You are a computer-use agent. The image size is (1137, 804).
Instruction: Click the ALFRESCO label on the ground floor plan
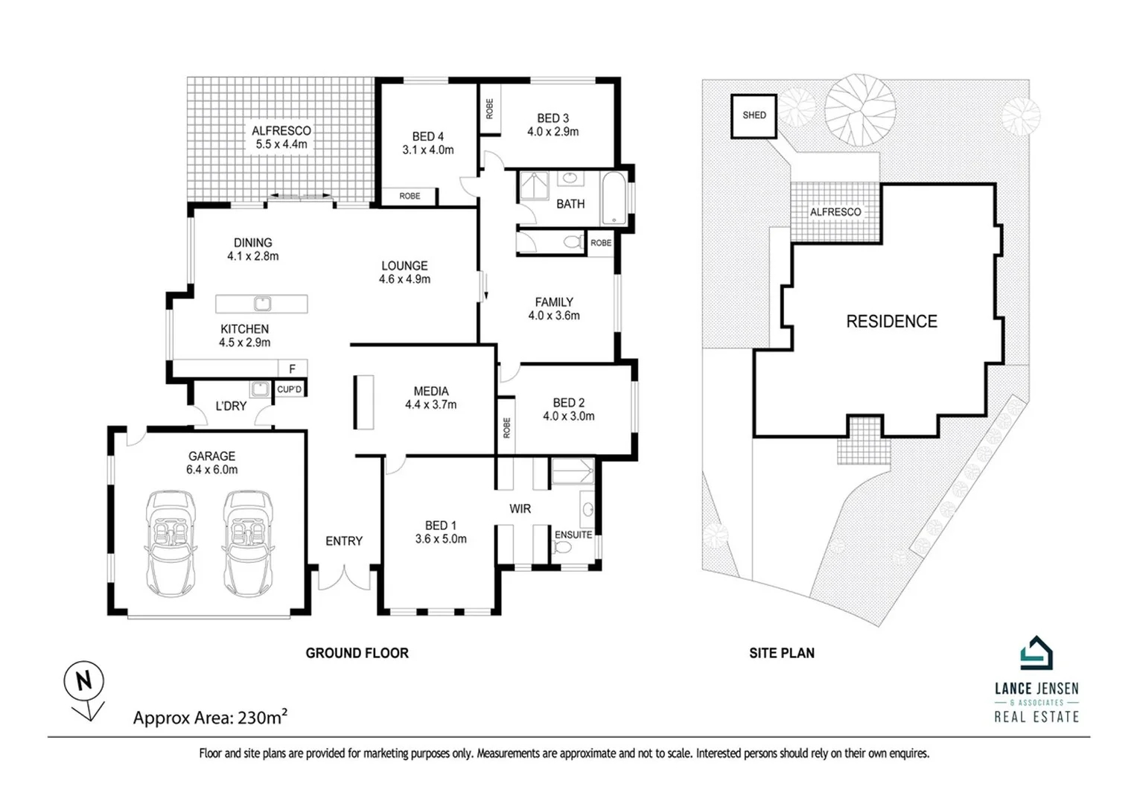point(281,130)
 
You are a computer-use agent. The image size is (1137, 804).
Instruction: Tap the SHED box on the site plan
point(754,115)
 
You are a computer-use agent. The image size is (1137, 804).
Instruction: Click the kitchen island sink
point(262,304)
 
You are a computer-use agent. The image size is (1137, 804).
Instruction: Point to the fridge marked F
point(293,368)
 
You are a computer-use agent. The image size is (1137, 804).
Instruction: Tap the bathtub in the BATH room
point(614,198)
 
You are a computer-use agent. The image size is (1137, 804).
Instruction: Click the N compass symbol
point(83,680)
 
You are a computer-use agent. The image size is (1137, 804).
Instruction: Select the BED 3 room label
point(552,118)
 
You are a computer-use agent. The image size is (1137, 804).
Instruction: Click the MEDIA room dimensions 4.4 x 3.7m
point(430,405)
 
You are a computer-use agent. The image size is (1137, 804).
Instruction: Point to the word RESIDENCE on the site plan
point(891,322)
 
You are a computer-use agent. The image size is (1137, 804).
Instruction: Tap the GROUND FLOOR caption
point(357,653)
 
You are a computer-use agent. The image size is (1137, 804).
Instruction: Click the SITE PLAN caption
point(781,653)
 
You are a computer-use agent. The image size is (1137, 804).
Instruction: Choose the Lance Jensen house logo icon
point(1036,654)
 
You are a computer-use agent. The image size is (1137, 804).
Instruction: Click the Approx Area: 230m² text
point(210,718)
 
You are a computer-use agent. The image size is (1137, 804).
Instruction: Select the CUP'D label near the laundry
point(289,389)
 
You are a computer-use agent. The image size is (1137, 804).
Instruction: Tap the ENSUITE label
point(573,535)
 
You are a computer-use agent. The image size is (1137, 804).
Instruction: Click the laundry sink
point(259,389)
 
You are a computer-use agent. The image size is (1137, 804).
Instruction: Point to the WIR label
point(520,508)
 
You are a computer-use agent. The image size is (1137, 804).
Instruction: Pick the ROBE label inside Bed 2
point(506,427)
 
